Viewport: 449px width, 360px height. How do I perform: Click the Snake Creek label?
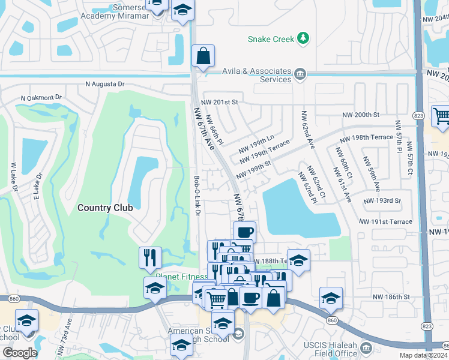point(271,39)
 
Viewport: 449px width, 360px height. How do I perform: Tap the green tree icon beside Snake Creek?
point(304,39)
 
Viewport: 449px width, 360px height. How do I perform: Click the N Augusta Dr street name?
point(104,84)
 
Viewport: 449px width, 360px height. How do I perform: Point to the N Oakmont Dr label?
point(41,97)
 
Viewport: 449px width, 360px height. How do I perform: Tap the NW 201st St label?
point(220,103)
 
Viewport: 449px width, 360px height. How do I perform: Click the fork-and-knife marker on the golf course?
point(150,257)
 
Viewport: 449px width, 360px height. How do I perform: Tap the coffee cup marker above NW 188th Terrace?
point(244,232)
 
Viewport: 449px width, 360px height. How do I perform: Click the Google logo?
point(20,353)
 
